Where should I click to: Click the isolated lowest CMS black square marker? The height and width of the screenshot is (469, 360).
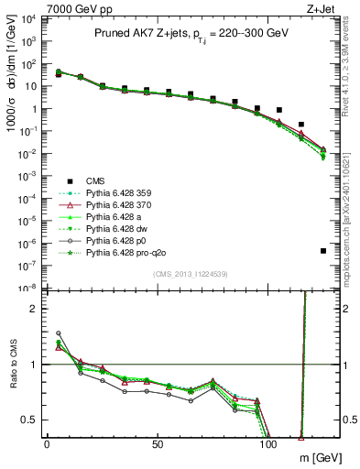click(x=323, y=250)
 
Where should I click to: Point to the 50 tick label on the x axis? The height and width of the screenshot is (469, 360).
click(x=158, y=444)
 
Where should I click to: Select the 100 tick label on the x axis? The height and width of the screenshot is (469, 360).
click(x=270, y=444)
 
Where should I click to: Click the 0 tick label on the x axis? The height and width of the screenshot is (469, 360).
click(x=46, y=444)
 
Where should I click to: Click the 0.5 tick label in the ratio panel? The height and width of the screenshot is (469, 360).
click(x=29, y=420)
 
